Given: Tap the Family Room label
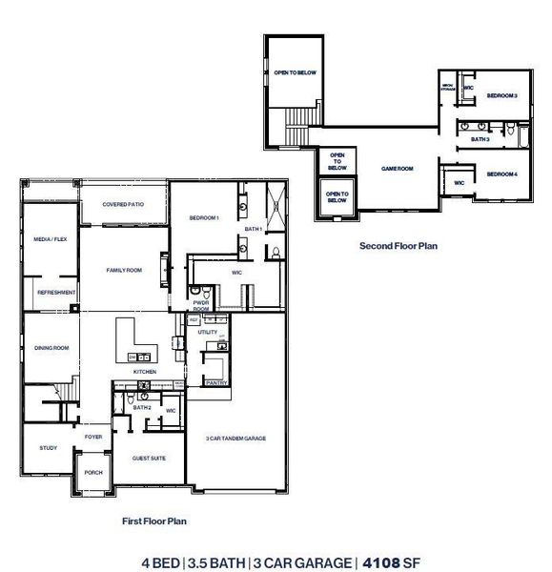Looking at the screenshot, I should coord(123,271).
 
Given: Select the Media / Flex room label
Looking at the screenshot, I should coord(50,239).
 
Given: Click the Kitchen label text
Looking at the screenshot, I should coord(145,372).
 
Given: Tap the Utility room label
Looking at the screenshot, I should coord(208,332).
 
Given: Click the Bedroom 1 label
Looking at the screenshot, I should coord(204,218).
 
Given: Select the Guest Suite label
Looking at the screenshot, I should coord(149,458).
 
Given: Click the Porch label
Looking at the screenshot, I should coord(93,472).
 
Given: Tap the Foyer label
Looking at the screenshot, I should coord(93,437).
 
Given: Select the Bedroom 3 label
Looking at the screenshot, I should coord(501,96).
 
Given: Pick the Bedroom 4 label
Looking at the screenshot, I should coord(501,174).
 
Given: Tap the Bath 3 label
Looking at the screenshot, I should coord(480,140).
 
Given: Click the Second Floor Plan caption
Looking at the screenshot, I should coord(398,245).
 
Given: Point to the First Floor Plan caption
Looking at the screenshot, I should coord(153,521).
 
